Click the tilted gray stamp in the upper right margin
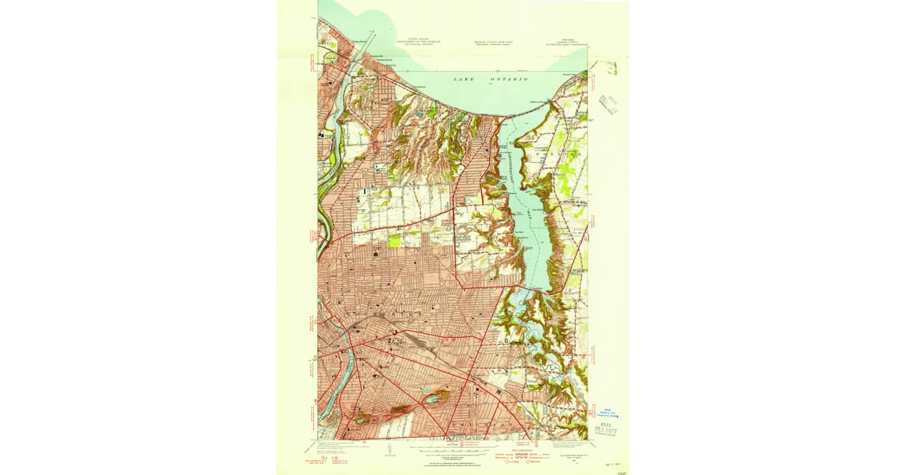point(609,103)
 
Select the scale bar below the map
point(453,451)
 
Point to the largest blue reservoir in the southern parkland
point(433,397)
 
